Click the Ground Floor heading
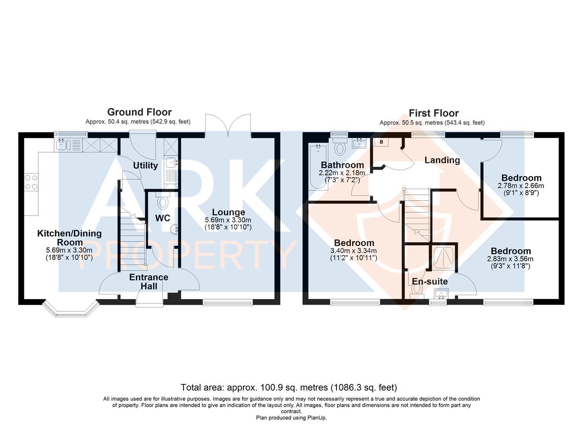click(139, 112)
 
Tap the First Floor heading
click(433, 113)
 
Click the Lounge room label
click(228, 212)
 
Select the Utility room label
click(145, 165)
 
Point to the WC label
click(163, 218)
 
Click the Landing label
click(442, 160)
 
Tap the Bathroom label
click(342, 165)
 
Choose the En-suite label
click(430, 281)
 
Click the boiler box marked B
click(382, 142)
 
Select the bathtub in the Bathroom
click(318, 166)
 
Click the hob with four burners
click(31, 182)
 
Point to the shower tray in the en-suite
click(444, 258)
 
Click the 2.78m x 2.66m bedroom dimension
click(521, 186)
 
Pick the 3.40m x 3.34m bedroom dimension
click(353, 251)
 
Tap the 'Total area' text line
click(289, 387)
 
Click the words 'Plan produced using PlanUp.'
click(291, 418)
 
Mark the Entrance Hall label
click(149, 281)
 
